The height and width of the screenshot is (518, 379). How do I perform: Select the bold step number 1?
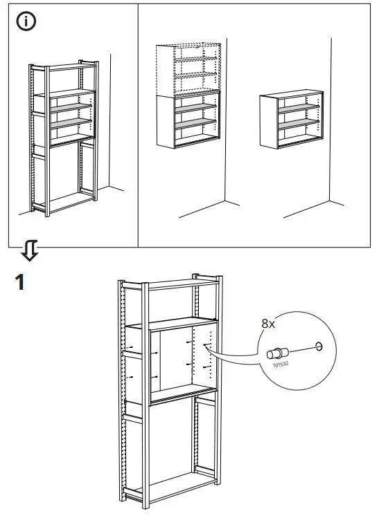tap(21, 282)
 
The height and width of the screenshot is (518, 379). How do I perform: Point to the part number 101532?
tap(281, 364)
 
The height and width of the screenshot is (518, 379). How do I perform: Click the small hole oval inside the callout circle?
tap(319, 345)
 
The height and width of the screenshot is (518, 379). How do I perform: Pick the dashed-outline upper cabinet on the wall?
tap(189, 69)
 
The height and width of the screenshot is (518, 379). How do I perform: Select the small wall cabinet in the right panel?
tap(292, 120)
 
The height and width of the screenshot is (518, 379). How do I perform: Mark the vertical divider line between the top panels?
tap(139, 124)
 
